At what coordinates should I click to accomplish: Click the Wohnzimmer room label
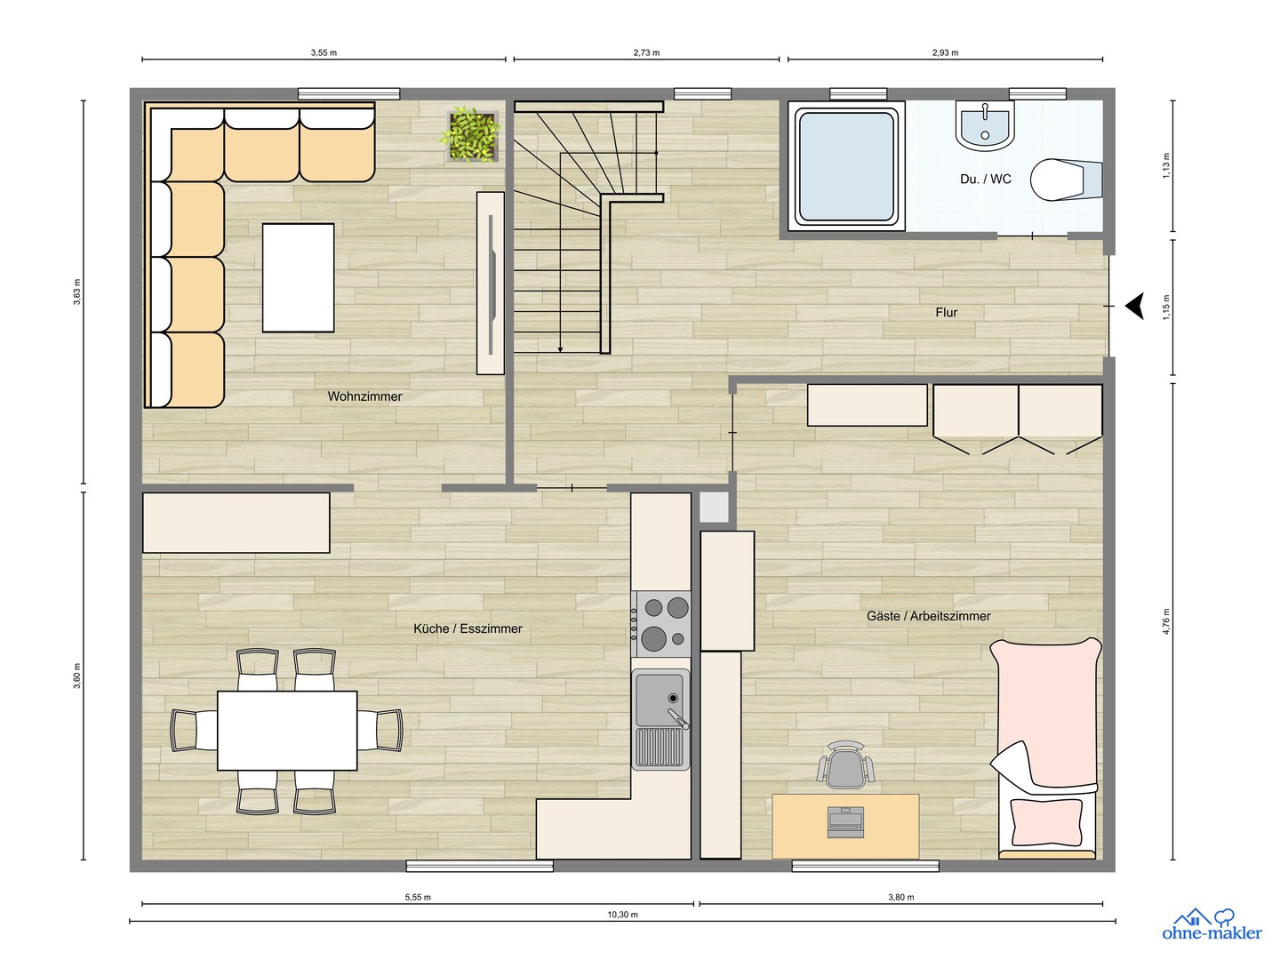coord(364,396)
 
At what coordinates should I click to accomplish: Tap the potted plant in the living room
coord(471,134)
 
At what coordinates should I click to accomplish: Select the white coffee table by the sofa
coord(298,277)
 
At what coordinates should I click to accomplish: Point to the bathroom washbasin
coord(984,125)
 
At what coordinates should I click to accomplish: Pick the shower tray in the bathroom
coord(846,166)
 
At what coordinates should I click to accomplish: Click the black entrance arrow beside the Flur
coord(1134,306)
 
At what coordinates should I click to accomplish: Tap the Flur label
coord(946,312)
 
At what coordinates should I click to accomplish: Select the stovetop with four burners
coord(660,624)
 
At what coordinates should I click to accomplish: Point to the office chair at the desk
coord(845,764)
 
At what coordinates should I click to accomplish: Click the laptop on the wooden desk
coord(845,822)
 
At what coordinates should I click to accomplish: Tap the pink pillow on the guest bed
coord(1045,822)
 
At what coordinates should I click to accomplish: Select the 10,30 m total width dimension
coord(622,915)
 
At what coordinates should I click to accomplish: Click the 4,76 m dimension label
coord(1165,620)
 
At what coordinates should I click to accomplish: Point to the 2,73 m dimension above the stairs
coord(646,53)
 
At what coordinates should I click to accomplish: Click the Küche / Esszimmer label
coord(468,628)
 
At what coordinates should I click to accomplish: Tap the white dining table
coord(287,731)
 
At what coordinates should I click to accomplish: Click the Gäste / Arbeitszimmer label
coord(928,615)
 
